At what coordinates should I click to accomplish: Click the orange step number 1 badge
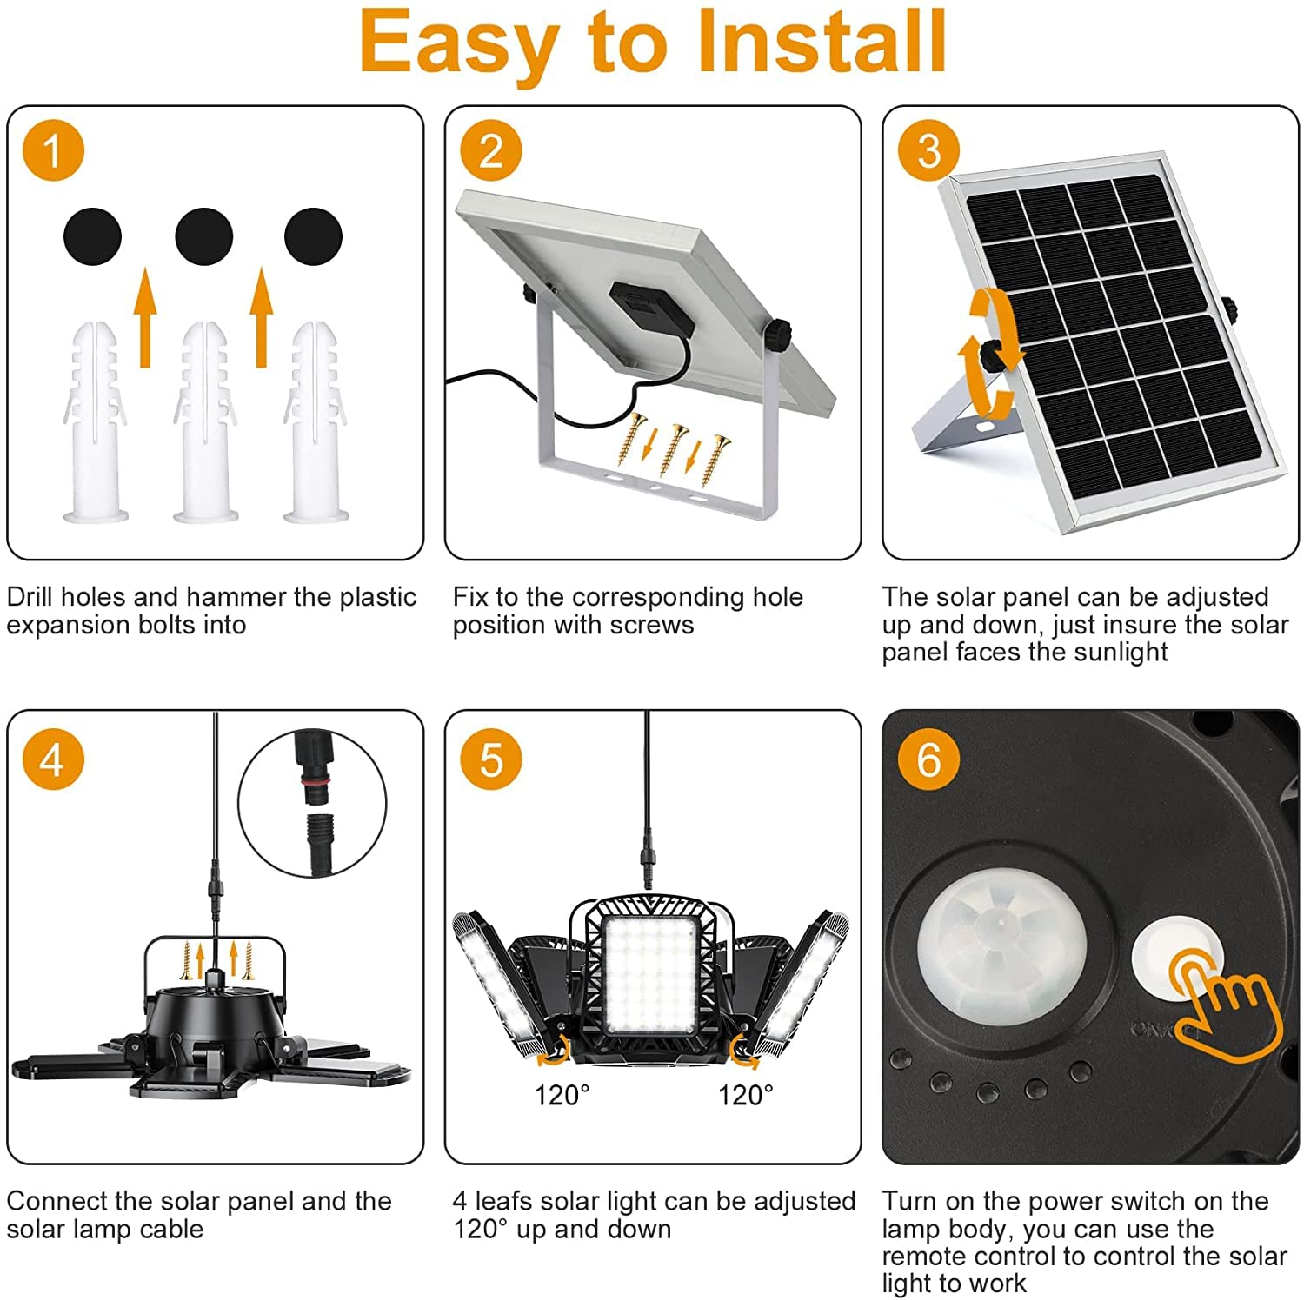click(x=53, y=150)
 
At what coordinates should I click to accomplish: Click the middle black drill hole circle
click(x=204, y=236)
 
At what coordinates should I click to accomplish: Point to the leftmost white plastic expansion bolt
click(x=94, y=422)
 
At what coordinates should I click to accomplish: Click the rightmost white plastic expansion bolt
click(x=315, y=422)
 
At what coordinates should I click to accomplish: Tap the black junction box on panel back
click(x=650, y=315)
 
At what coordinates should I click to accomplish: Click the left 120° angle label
click(x=562, y=1095)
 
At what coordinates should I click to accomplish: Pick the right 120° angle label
click(x=745, y=1095)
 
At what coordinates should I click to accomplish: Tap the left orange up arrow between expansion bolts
click(x=146, y=317)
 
